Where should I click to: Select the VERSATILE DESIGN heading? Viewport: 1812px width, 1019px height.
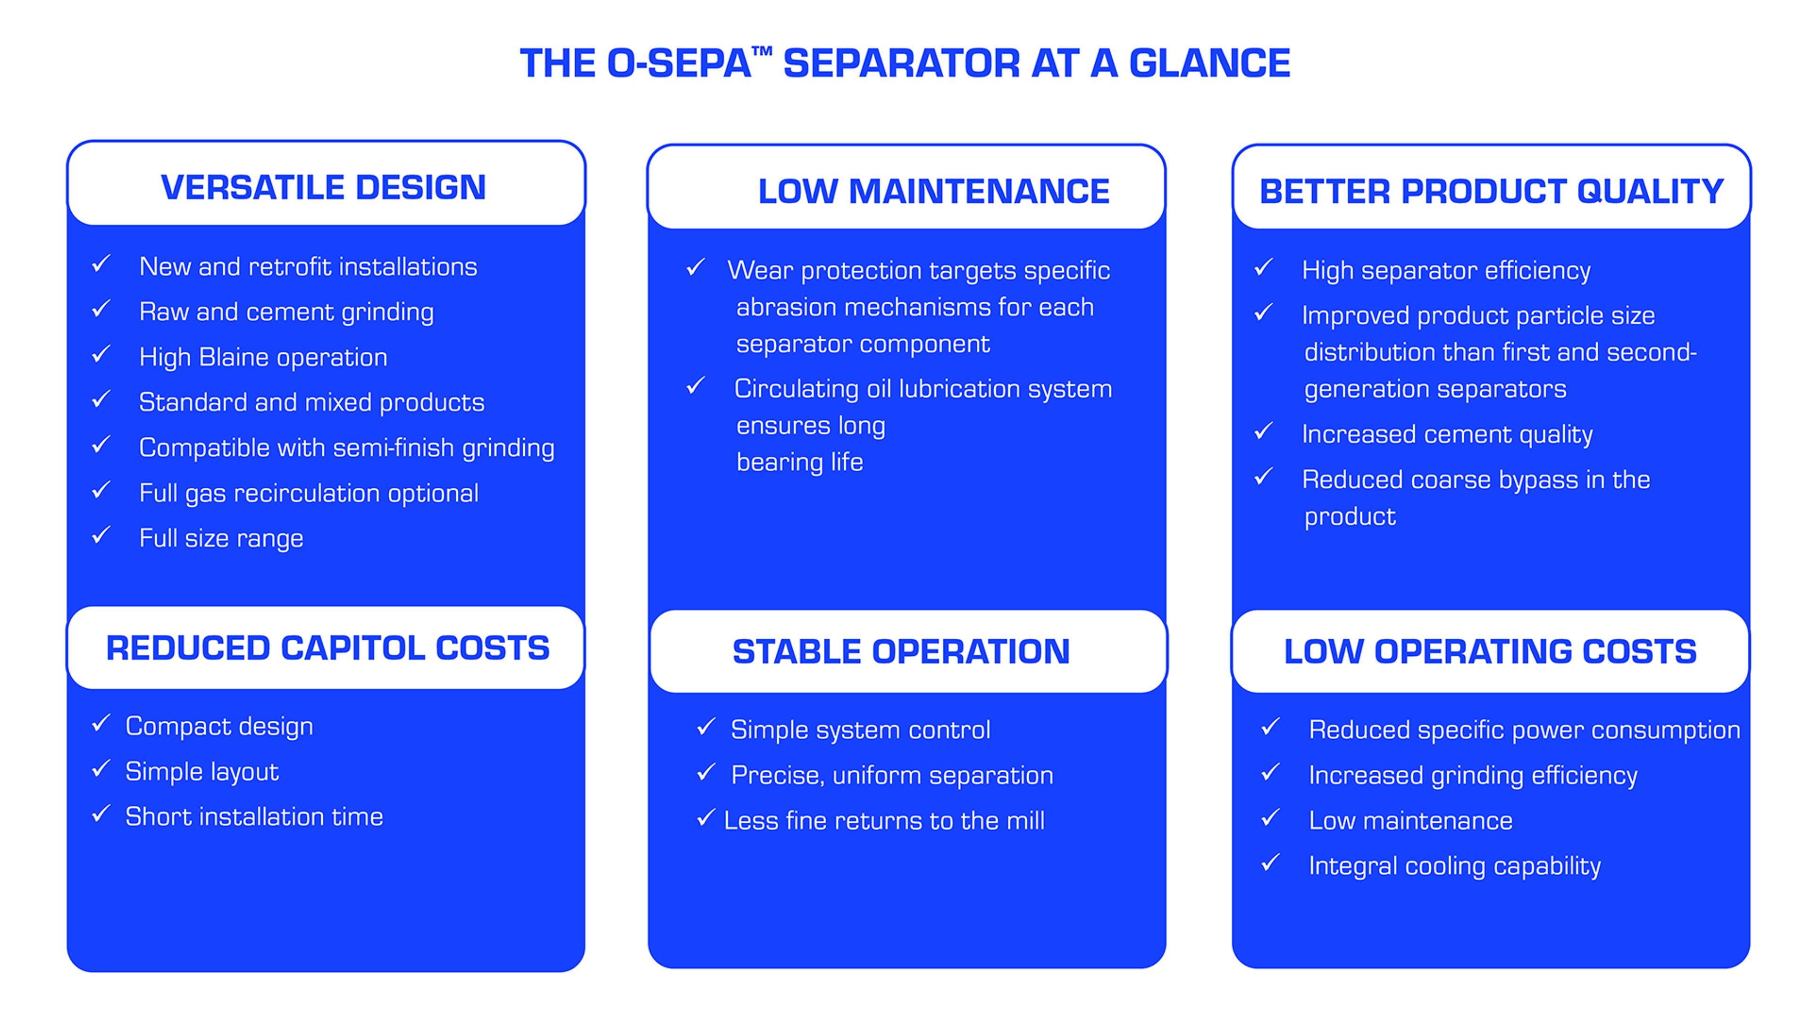coord(324,187)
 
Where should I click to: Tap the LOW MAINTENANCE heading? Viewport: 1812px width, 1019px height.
coord(933,191)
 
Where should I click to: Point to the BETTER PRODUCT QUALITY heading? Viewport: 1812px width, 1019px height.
coord(1491,191)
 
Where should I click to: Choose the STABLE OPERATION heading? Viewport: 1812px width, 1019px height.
coord(901,651)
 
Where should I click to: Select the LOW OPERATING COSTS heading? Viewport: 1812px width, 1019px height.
coord(1490,651)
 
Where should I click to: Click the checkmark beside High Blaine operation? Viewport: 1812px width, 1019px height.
coord(102,354)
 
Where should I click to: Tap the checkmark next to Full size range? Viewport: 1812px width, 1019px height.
coord(102,535)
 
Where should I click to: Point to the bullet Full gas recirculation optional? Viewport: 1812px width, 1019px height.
coord(308,493)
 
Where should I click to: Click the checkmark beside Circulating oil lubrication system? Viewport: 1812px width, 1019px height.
coord(696,385)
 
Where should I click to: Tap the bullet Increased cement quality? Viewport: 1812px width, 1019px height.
coord(1446,434)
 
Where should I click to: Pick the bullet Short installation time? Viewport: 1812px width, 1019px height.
coord(254,817)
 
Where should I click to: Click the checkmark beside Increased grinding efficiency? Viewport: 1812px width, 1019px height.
coord(1270,772)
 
